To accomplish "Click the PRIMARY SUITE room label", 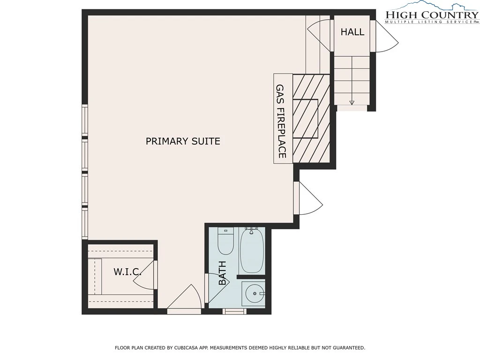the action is click(x=183, y=141).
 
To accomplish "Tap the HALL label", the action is click(x=352, y=32).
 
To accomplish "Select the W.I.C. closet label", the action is click(x=127, y=271).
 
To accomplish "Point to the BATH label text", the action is click(x=222, y=273).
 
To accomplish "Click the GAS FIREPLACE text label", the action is click(x=281, y=121).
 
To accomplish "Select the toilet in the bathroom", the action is click(x=225, y=241).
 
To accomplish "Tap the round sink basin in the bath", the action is click(x=255, y=293).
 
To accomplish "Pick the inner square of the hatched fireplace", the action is click(x=306, y=119).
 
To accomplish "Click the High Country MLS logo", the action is click(x=432, y=12).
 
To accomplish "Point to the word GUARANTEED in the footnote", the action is click(x=349, y=348).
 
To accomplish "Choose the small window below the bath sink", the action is click(x=234, y=311).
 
